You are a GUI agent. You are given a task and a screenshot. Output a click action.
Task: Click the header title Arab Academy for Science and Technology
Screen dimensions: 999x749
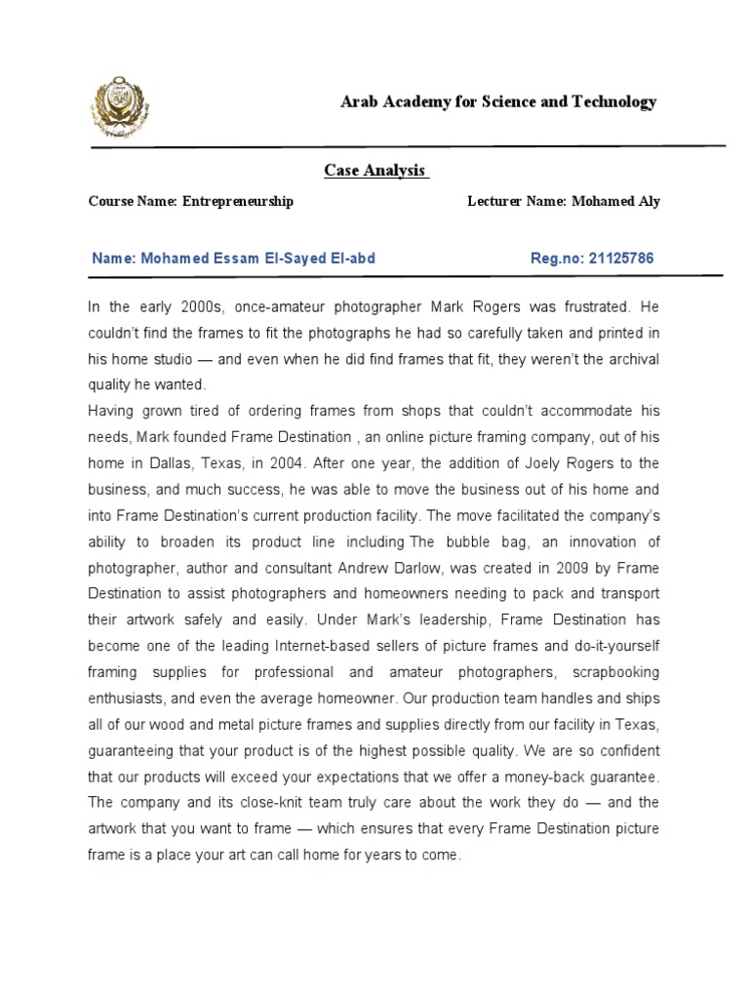tap(497, 102)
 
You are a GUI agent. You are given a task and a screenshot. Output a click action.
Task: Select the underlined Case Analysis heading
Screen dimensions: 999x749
tap(375, 171)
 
